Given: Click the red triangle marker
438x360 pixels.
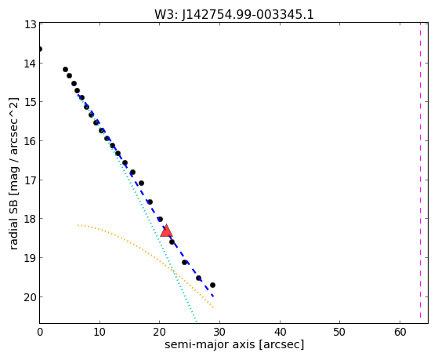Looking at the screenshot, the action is [x=166, y=231].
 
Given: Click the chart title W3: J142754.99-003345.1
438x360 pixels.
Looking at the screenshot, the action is [x=234, y=14].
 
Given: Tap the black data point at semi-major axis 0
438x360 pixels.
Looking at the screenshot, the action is [x=40, y=49].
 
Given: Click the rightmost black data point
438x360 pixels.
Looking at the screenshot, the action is [x=212, y=285].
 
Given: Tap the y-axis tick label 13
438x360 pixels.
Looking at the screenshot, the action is [x=30, y=24].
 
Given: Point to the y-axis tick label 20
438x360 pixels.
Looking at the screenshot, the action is [x=30, y=297].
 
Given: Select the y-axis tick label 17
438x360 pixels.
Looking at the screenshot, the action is [x=30, y=180].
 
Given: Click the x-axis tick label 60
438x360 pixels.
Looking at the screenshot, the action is [x=400, y=332].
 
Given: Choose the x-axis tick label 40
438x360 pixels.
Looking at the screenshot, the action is [x=280, y=332].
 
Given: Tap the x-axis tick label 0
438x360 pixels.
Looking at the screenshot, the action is [x=40, y=332].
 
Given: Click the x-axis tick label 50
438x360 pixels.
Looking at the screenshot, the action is [x=340, y=332].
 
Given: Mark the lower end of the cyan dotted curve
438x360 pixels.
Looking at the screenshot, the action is [x=197, y=322].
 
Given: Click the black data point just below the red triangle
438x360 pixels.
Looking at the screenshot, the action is [x=172, y=242].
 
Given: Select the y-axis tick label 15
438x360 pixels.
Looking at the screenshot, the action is [x=30, y=102].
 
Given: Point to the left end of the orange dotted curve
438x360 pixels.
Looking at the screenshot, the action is [x=78, y=225].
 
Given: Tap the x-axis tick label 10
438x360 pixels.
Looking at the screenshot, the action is [x=100, y=332].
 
